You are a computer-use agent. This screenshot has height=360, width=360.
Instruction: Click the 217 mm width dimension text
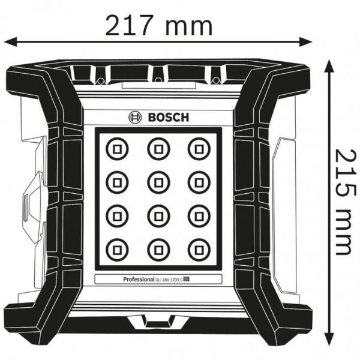tap(158, 25)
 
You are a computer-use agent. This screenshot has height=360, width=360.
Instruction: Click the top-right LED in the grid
tap(197, 147)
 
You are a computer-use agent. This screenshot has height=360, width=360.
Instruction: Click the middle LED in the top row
tap(156, 147)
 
